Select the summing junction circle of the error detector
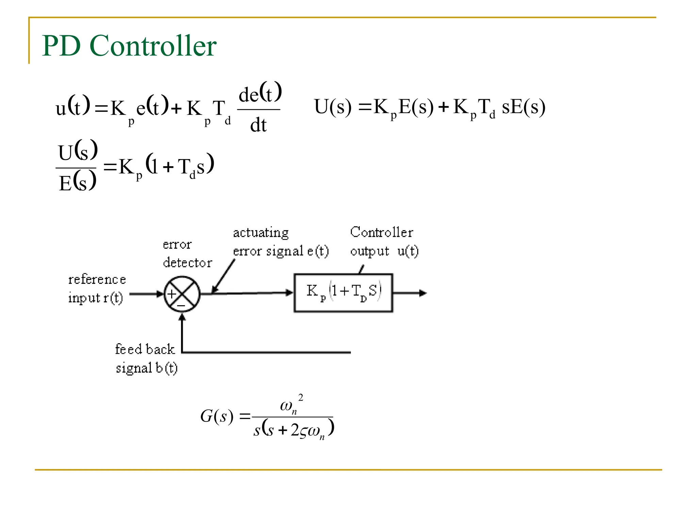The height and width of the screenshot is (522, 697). tap(182, 294)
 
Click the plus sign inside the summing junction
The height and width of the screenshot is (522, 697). tap(172, 294)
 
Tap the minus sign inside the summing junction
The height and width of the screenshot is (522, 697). tap(181, 306)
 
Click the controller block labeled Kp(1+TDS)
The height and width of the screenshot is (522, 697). tap(343, 293)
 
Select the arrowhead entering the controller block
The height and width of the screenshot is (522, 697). tap(289, 293)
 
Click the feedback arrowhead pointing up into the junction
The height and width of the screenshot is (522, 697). tap(182, 317)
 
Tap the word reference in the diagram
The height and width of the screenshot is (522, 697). tap(97, 279)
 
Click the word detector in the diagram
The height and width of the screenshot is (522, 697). tap(187, 263)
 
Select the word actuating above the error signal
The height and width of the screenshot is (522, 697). tap(261, 233)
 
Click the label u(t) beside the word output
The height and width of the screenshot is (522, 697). tap(408, 251)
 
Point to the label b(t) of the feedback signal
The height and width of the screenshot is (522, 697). tap(166, 368)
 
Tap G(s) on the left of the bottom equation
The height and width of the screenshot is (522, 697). tap(216, 416)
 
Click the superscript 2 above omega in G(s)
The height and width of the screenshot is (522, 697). tap(301, 397)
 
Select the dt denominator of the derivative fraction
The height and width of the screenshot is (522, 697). tap(258, 125)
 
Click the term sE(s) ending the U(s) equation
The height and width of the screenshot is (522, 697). tap(523, 107)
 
